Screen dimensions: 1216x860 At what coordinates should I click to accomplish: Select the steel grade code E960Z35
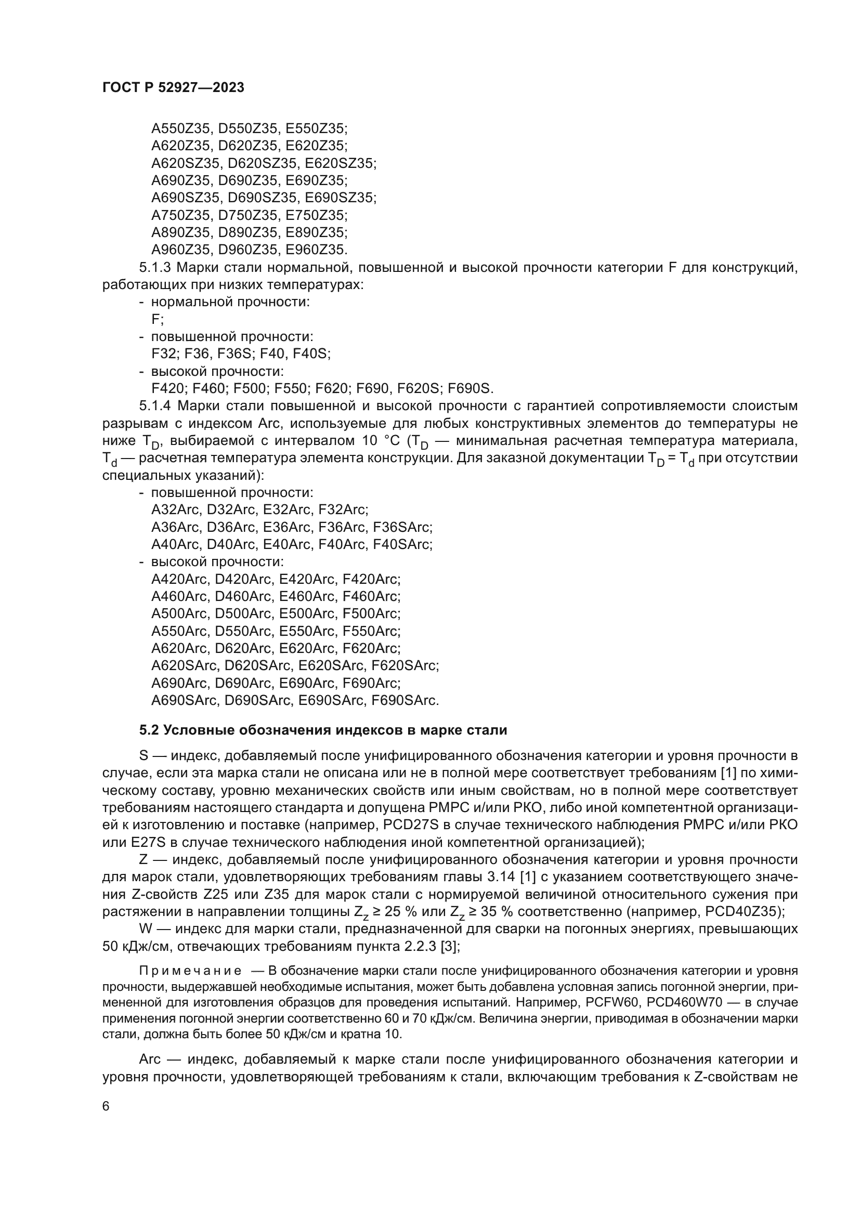click(317, 250)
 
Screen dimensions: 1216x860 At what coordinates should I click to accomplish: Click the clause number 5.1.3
click(155, 267)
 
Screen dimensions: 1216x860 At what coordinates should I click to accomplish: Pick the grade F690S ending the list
click(470, 389)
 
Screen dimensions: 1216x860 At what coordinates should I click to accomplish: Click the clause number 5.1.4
click(155, 406)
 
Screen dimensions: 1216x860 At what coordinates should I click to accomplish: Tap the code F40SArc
click(402, 544)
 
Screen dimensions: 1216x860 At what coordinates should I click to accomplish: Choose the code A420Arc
click(180, 579)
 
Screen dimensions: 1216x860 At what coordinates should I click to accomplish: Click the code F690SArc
click(405, 701)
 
